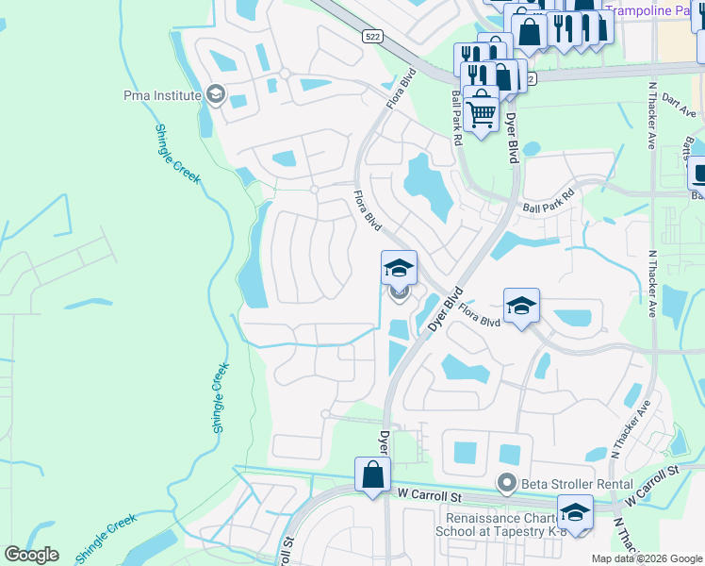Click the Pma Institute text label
tap(162, 95)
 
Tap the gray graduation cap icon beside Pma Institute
tap(216, 94)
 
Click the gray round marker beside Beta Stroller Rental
tap(507, 484)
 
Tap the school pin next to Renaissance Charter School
tap(575, 513)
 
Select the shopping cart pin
tap(481, 112)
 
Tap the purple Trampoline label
tap(650, 10)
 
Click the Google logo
tap(32, 555)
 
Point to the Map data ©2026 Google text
tap(647, 558)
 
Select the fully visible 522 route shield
tap(371, 35)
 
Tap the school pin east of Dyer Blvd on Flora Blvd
tap(521, 307)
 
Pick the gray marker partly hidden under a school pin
tap(399, 293)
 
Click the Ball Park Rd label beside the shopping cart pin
tap(456, 117)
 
